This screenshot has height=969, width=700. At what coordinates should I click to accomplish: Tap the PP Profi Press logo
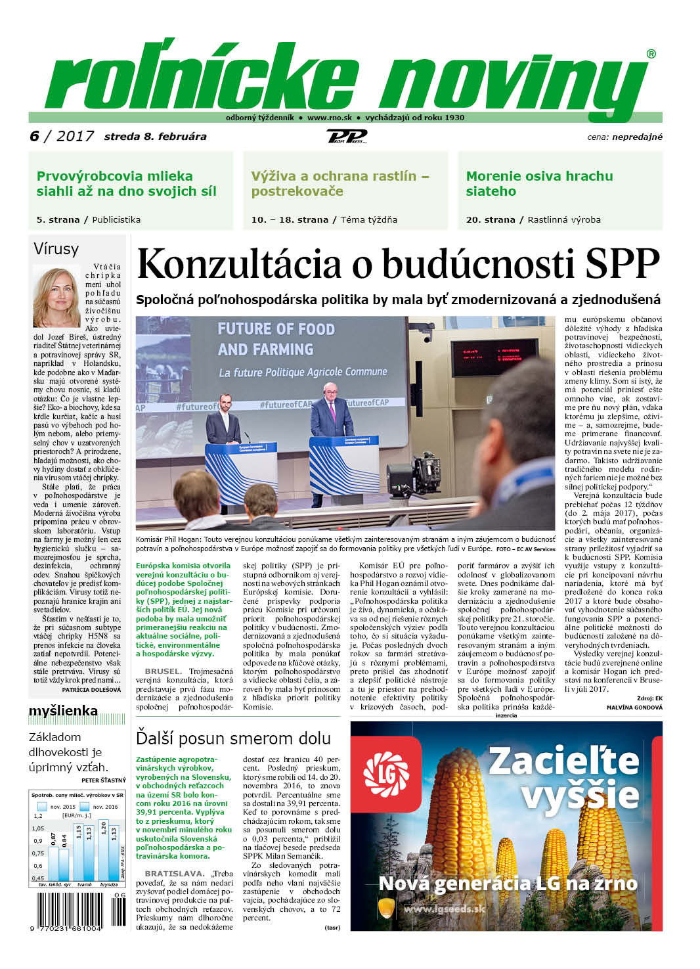[x=346, y=137]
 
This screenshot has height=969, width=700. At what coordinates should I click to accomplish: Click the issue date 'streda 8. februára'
[x=155, y=137]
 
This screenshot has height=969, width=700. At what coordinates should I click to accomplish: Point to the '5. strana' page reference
[x=58, y=219]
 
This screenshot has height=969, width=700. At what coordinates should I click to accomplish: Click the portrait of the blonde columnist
[x=56, y=296]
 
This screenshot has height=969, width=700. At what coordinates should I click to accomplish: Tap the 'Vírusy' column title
[x=56, y=249]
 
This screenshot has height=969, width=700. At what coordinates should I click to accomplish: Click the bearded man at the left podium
[x=223, y=424]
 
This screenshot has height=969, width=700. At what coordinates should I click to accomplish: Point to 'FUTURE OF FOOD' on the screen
[x=276, y=328]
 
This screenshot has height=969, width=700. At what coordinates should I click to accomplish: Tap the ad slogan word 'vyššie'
[x=580, y=794]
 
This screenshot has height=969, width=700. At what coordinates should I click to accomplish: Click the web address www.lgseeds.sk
[x=443, y=909]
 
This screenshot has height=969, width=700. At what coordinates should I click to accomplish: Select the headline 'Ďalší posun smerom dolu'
[x=233, y=738]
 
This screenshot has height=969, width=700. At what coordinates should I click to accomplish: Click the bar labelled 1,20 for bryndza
[x=104, y=850]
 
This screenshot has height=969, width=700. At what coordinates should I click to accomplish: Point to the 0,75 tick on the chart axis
[x=38, y=853]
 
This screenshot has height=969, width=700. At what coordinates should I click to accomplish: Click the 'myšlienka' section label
[x=63, y=711]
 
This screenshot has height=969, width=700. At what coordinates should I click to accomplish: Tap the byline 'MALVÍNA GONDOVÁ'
[x=634, y=707]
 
